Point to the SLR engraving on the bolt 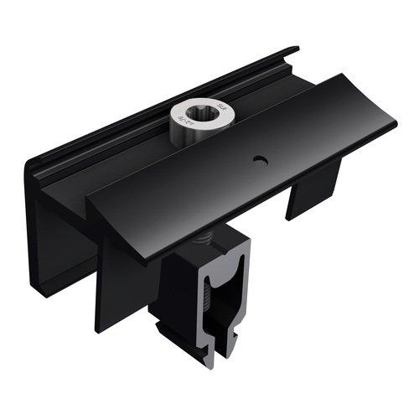coord(220,107)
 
